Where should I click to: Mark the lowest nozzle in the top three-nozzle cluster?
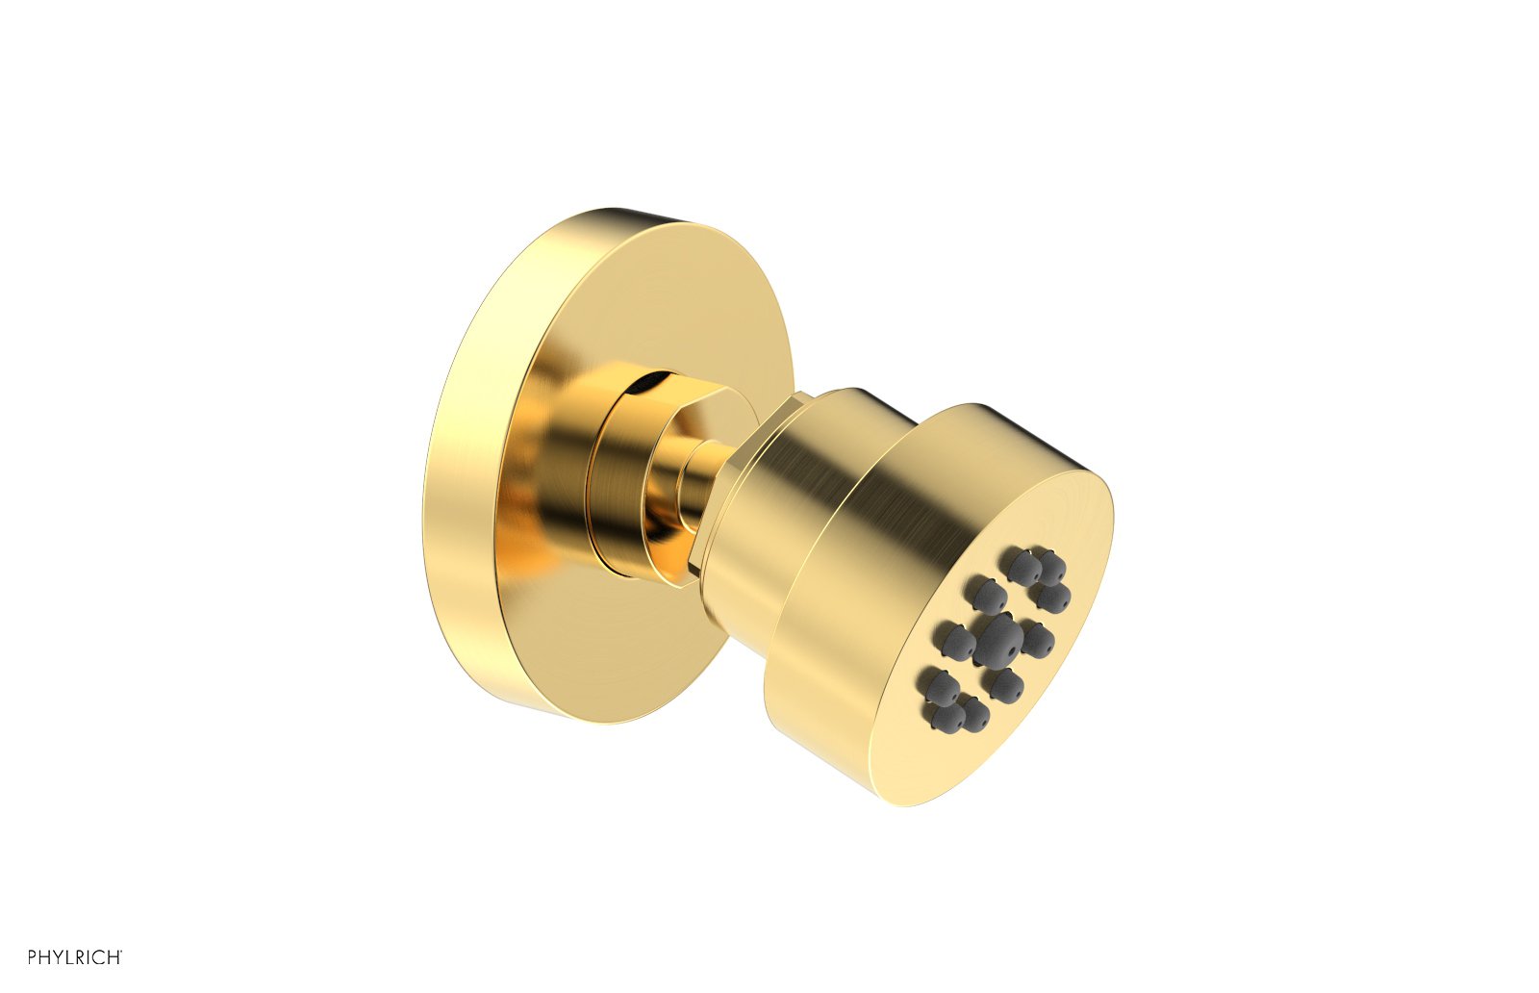(x=1051, y=598)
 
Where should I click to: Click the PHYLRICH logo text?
(x=74, y=956)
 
